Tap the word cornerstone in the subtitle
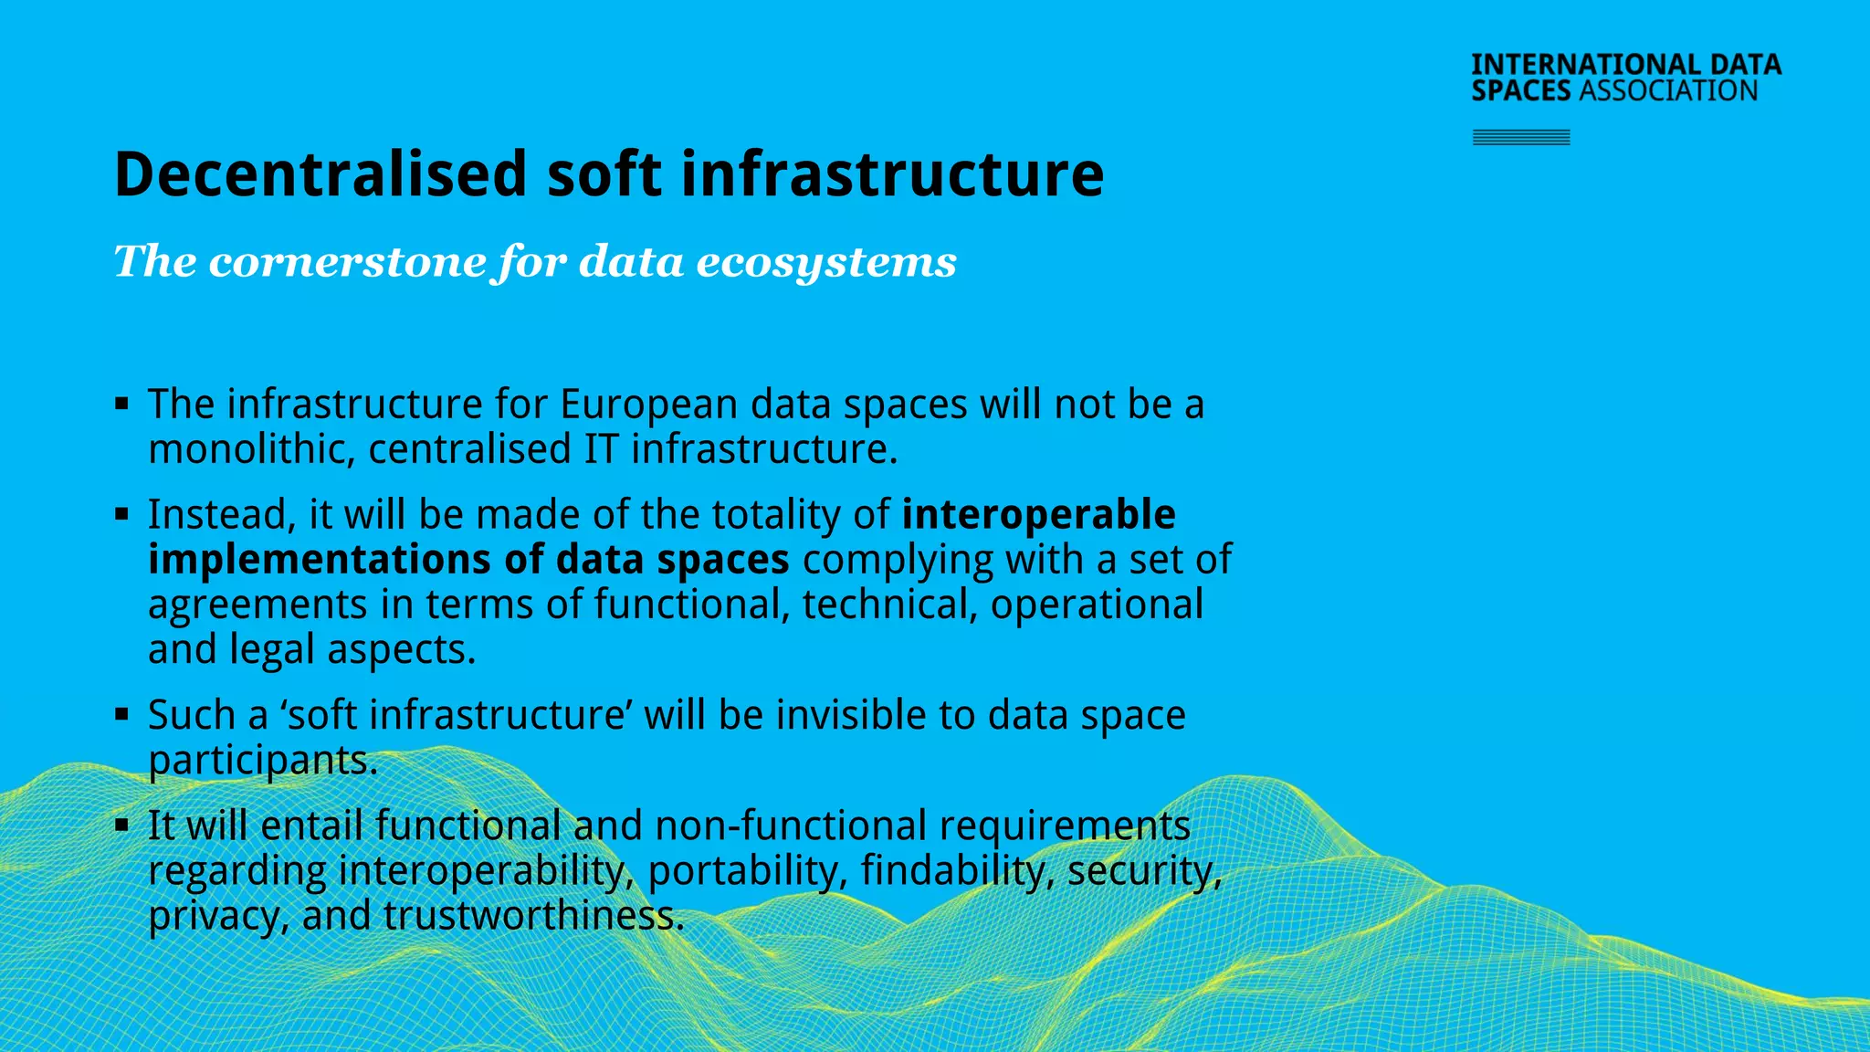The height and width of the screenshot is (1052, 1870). (x=348, y=262)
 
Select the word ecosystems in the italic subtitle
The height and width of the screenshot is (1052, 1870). (x=826, y=262)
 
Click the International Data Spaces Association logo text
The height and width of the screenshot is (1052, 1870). (x=1625, y=78)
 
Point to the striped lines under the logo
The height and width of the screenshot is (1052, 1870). (x=1521, y=138)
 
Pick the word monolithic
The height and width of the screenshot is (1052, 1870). (x=251, y=449)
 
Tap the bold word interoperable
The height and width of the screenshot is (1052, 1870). (x=1038, y=514)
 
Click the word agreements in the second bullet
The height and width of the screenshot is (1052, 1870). (x=257, y=605)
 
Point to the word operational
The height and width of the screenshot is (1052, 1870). (x=1097, y=605)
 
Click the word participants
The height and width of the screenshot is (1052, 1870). (x=263, y=760)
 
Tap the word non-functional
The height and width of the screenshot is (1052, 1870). (x=791, y=826)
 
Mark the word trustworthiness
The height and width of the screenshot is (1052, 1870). (x=533, y=915)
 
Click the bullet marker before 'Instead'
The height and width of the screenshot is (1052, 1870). (x=122, y=514)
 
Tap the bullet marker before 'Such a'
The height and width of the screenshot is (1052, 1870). (x=122, y=714)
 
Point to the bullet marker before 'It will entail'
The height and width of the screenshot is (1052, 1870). (x=122, y=825)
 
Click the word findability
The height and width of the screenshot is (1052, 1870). (x=958, y=870)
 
